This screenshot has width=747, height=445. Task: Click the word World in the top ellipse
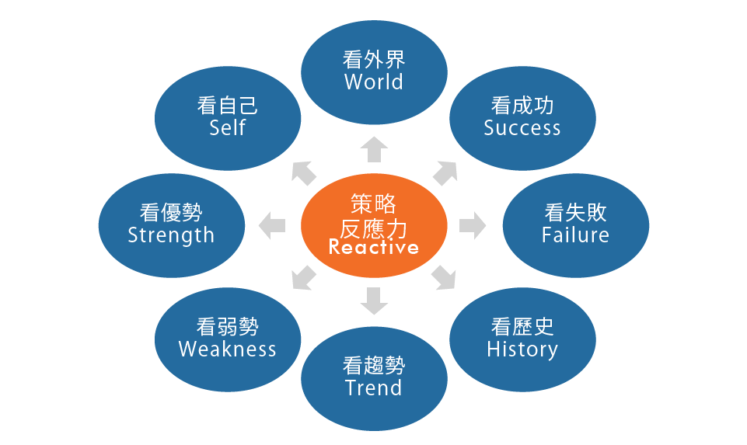374,82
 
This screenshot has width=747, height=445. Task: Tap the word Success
522,128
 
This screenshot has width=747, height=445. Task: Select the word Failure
575,235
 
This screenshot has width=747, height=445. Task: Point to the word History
522,349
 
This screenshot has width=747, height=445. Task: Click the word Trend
374,388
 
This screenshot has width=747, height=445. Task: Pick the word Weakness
228,349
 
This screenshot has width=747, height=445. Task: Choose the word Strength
171,235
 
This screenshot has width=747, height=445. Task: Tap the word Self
228,127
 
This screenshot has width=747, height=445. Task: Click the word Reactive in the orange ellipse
374,248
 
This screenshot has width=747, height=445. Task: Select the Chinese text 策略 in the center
374,204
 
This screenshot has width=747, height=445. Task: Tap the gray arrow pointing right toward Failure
472,226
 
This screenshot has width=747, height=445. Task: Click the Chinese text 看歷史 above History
522,326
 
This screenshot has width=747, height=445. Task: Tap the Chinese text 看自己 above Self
228,106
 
